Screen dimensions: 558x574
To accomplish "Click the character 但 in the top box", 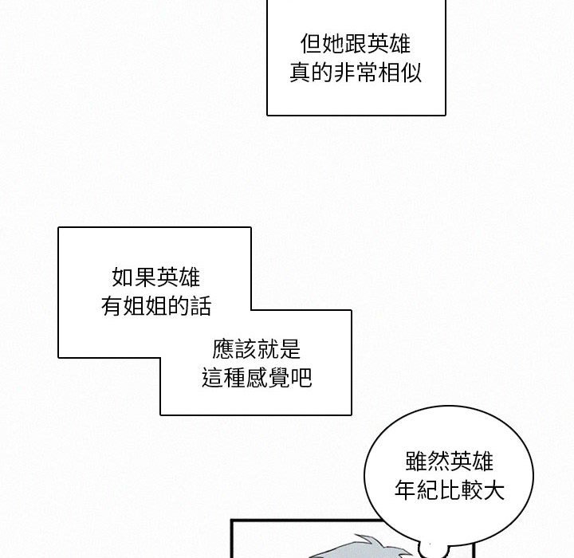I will tap(310, 43).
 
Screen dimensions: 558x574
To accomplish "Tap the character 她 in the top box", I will tap(332, 43).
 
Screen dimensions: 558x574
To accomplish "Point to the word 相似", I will tap(399, 74).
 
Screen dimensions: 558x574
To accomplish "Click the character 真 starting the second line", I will tap(299, 74).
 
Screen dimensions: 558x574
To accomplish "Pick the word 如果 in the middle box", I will tap(135, 277).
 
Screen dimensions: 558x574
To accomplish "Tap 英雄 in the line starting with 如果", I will tap(179, 277).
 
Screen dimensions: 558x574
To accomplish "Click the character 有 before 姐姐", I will tap(112, 307).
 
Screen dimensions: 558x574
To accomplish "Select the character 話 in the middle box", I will tap(202, 307).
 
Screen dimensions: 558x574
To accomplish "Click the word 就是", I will tap(280, 348).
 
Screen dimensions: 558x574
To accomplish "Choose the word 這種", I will tap(224, 378).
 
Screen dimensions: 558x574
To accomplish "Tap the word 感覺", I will tap(269, 378).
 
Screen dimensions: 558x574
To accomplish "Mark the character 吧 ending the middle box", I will tap(302, 378).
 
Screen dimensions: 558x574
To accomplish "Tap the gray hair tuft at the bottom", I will tap(375, 545).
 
